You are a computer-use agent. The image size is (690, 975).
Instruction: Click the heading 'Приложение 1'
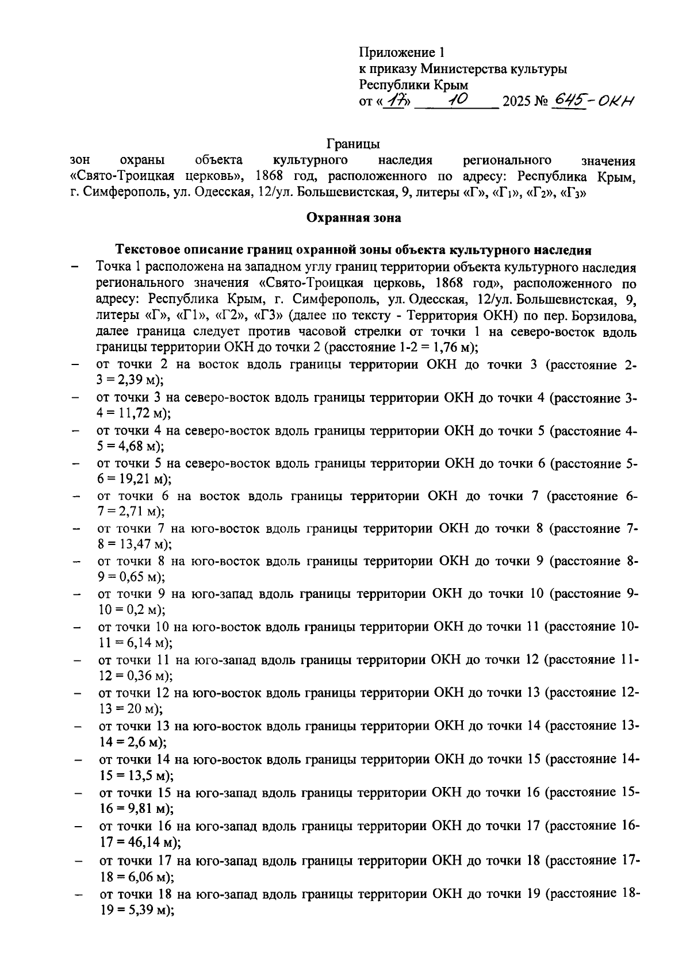pos(402,53)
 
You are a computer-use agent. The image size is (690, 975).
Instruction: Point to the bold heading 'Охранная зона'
pos(353,218)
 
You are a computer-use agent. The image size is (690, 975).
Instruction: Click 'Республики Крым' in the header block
pos(413,85)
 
